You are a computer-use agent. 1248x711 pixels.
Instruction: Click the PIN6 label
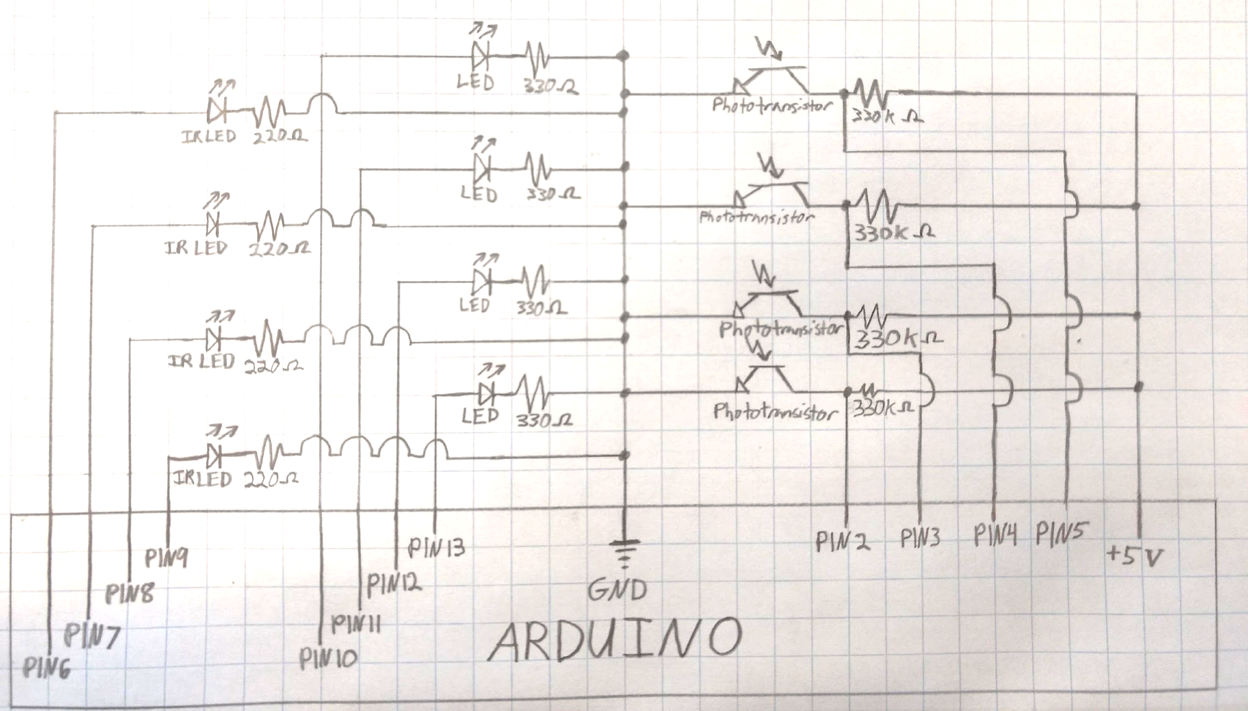(47, 668)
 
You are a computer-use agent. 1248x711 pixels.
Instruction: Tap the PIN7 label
(92, 636)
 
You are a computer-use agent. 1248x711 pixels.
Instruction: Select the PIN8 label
(129, 593)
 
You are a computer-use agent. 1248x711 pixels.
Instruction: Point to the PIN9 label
(167, 557)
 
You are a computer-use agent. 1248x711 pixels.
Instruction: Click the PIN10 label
(328, 658)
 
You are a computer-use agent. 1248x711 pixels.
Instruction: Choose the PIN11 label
(356, 624)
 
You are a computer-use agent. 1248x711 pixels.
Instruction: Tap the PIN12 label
(394, 584)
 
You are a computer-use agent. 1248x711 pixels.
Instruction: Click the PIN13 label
(437, 547)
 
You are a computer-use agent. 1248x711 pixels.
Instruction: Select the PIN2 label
(843, 541)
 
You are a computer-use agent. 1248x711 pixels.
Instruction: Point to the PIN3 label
(920, 538)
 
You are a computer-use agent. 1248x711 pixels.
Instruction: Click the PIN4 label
(995, 536)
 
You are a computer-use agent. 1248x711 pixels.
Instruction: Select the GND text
(617, 590)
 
